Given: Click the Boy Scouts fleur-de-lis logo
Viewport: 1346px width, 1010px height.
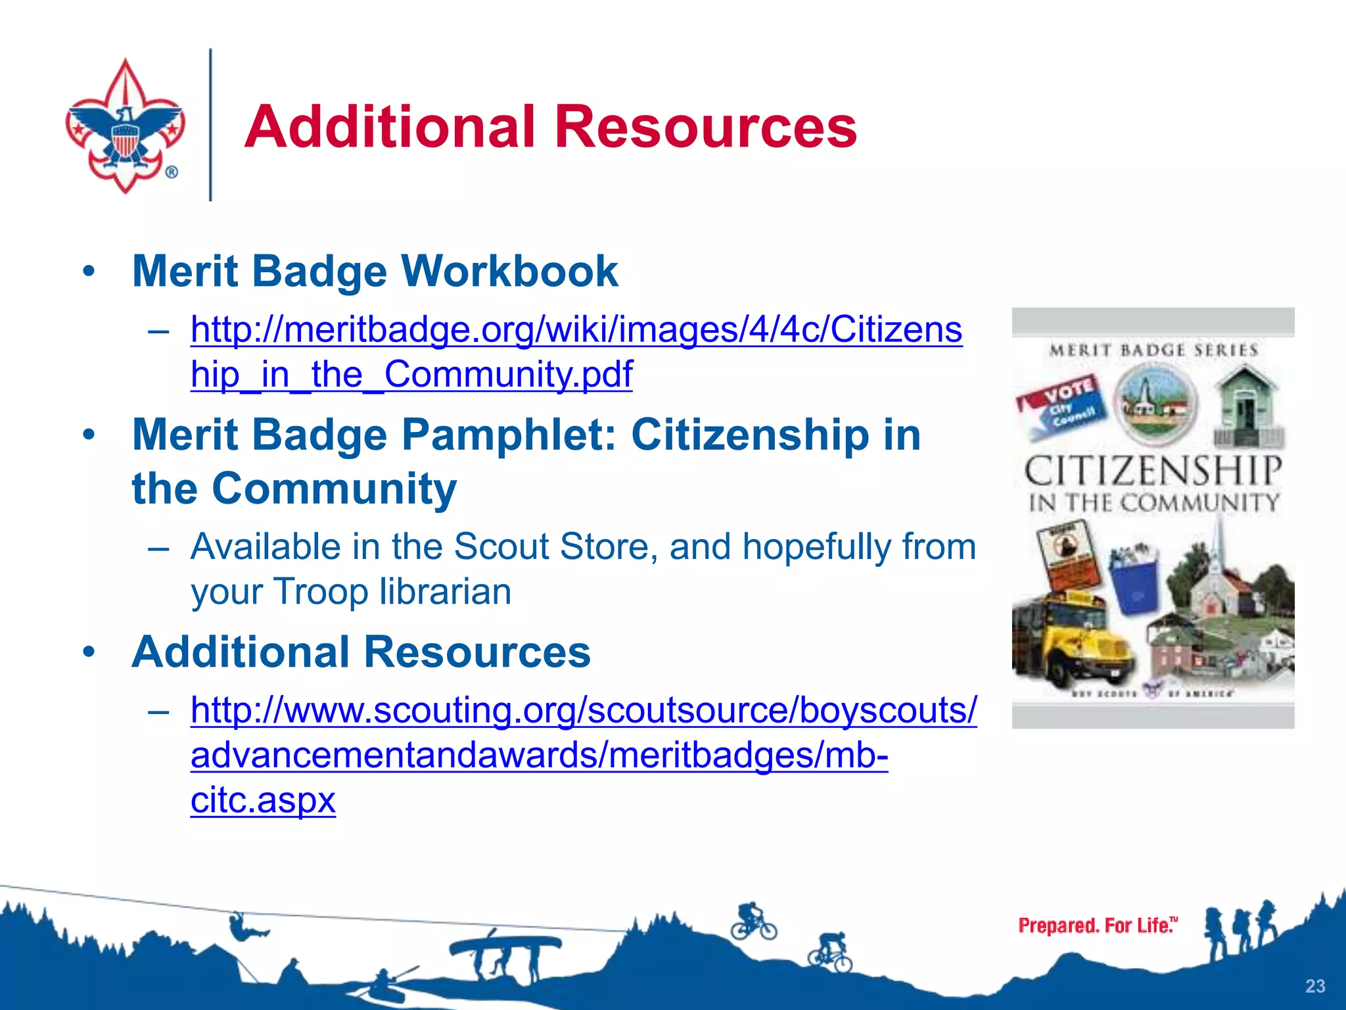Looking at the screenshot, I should (125, 126).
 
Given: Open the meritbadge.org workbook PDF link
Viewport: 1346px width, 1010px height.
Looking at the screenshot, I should (576, 330).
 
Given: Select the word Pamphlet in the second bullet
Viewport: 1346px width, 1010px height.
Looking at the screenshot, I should (509, 435).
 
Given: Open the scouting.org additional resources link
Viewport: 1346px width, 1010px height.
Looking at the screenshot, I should (583, 711).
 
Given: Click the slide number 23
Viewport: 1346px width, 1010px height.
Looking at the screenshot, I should (1314, 986).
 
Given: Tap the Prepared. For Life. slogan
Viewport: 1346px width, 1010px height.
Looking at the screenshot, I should (1097, 925).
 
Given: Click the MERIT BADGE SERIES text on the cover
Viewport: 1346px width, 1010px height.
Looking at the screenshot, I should (1153, 350).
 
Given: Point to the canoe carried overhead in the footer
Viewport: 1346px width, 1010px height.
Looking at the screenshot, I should (505, 946).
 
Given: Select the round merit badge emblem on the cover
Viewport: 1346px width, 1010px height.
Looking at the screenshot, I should (1155, 403).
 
